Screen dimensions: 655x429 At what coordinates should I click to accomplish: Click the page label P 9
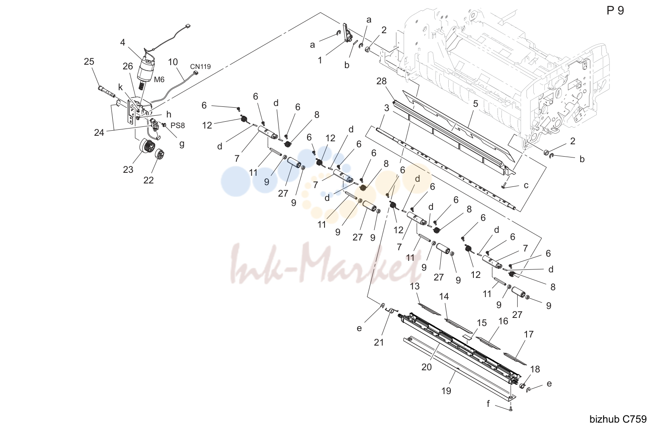pyautogui.click(x=615, y=11)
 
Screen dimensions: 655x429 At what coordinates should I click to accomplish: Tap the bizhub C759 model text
pyautogui.click(x=618, y=419)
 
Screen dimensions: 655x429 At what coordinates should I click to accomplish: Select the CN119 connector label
pyautogui.click(x=200, y=67)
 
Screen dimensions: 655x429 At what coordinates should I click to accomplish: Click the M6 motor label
pyautogui.click(x=159, y=80)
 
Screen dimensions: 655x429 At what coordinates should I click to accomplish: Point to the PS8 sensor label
pyautogui.click(x=177, y=126)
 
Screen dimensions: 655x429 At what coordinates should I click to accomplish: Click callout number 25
pyautogui.click(x=89, y=61)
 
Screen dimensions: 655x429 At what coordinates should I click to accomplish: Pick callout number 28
pyautogui.click(x=381, y=81)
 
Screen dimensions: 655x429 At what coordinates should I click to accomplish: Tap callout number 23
pyautogui.click(x=128, y=169)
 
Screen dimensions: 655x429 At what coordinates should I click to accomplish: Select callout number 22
pyautogui.click(x=148, y=180)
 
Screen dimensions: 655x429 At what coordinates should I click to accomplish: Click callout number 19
pyautogui.click(x=446, y=391)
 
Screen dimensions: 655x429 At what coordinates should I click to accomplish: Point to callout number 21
pyautogui.click(x=379, y=342)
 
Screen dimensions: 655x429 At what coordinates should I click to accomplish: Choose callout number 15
pyautogui.click(x=481, y=323)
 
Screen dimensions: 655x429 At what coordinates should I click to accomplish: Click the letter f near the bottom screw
pyautogui.click(x=488, y=404)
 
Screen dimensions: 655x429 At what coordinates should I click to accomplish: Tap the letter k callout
pyautogui.click(x=120, y=87)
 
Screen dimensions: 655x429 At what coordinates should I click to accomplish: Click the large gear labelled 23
pyautogui.click(x=146, y=146)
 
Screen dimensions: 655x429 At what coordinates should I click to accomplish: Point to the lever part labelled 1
pyautogui.click(x=347, y=33)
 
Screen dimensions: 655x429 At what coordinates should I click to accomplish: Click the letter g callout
pyautogui.click(x=182, y=144)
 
